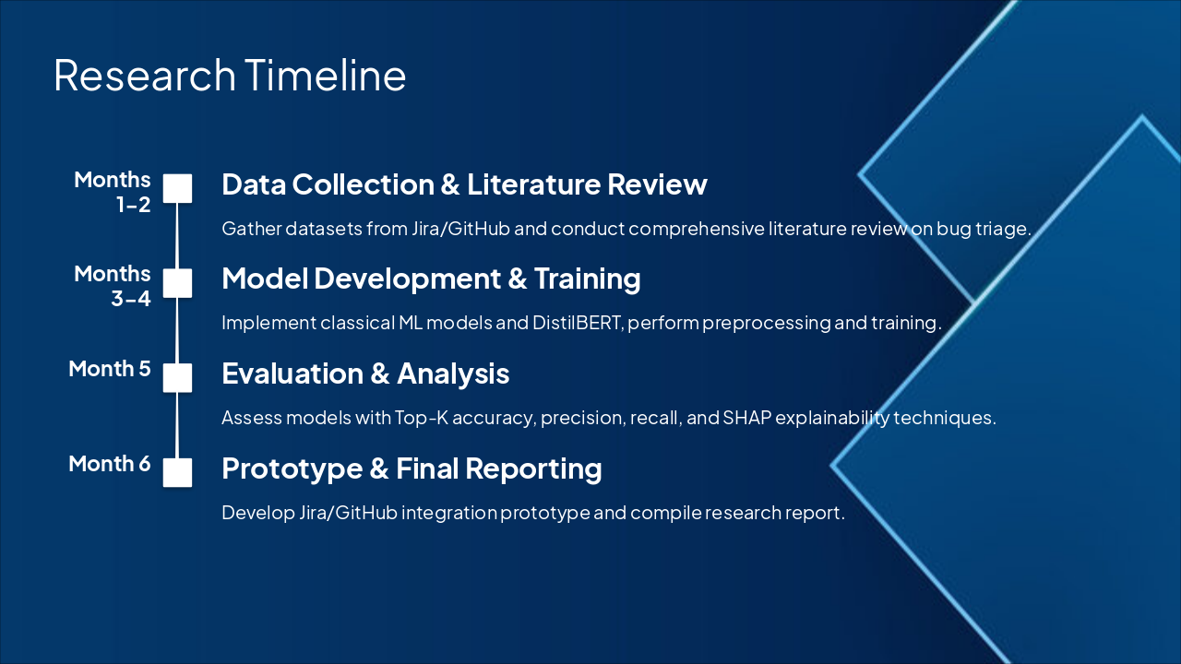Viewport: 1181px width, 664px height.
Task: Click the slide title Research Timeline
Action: pos(230,76)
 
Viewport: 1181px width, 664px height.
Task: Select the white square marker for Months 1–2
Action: pos(177,188)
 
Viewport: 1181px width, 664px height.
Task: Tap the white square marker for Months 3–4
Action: pos(177,283)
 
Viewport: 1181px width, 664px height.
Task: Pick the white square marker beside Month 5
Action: pos(177,378)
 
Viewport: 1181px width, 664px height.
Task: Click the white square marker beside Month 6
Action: pos(177,473)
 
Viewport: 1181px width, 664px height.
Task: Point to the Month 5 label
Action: pos(110,369)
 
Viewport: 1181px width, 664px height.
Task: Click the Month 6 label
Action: pos(110,464)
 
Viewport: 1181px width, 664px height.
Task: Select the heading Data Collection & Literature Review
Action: pos(464,184)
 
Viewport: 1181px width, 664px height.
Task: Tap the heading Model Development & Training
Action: pos(431,279)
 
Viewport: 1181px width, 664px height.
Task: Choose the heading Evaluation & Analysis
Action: pos(365,373)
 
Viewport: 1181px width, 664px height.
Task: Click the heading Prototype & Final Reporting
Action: pos(412,468)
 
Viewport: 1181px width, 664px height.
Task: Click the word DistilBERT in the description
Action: pos(578,323)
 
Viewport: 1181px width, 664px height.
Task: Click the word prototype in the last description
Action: pos(545,513)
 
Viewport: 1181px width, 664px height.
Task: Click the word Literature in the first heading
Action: pos(533,184)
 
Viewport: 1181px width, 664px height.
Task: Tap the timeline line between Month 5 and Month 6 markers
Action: pos(177,425)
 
